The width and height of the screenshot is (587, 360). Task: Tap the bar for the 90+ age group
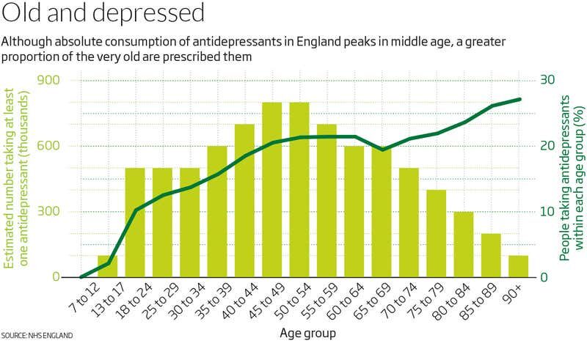[x=519, y=266]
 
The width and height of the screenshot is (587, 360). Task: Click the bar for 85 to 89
[x=491, y=255]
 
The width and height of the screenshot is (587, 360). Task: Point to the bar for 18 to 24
[x=135, y=222]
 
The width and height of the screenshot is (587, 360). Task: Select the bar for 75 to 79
[x=437, y=233]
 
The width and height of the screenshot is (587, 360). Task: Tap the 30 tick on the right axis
[x=547, y=81]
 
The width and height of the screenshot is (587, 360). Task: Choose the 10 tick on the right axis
[x=547, y=212]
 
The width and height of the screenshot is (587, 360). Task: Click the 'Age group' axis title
[x=308, y=334]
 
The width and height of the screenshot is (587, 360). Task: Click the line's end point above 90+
[x=519, y=99]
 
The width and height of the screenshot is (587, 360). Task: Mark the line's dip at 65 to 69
[x=382, y=150]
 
